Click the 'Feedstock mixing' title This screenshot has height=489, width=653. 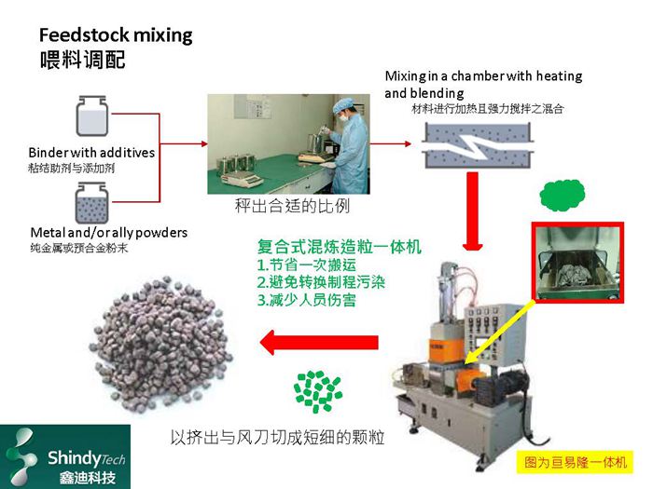click(x=115, y=36)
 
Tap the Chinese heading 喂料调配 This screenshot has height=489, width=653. click(x=82, y=61)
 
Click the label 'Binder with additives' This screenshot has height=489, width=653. click(x=91, y=152)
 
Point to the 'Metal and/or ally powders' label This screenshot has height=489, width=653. click(x=107, y=232)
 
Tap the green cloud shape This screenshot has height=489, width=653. click(x=563, y=195)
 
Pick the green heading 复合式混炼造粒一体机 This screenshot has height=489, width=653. click(x=340, y=248)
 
